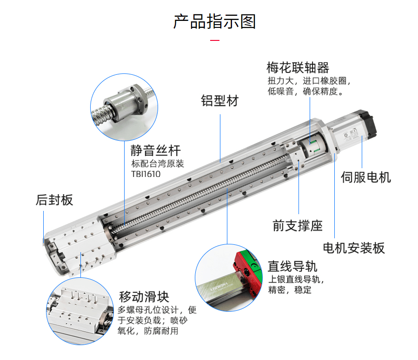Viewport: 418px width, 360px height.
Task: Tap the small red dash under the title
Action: (x=214, y=41)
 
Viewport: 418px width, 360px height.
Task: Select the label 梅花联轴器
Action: (x=298, y=68)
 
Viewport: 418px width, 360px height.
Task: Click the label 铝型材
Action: (x=219, y=101)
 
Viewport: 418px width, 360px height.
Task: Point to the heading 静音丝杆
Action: (x=155, y=151)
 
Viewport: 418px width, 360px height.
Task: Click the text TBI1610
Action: (x=146, y=174)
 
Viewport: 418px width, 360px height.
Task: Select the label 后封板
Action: (x=54, y=200)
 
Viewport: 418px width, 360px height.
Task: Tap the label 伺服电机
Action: (x=366, y=177)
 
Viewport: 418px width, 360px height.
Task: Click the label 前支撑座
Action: (x=298, y=226)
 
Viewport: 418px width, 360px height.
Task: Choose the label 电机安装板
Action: (x=354, y=248)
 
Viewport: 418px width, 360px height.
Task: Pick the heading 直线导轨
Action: (x=292, y=266)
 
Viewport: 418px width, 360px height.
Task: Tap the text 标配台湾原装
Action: (x=158, y=164)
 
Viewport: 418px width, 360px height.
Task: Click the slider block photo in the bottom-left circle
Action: (x=79, y=311)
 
